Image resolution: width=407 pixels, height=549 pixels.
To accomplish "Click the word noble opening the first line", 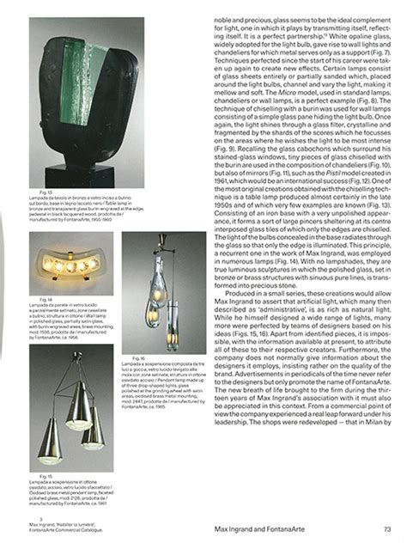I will pos(214,7).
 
